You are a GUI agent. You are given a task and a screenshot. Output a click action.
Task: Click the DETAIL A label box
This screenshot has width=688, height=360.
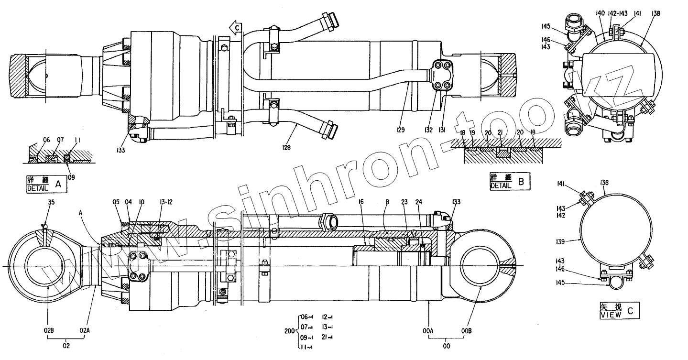pyautogui.click(x=46, y=184)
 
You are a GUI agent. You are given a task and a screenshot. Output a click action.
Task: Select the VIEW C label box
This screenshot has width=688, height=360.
pyautogui.click(x=619, y=311)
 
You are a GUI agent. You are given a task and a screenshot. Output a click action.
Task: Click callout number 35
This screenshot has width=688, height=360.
pyautogui.click(x=52, y=203)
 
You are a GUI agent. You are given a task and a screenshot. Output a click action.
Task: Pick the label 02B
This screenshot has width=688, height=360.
pyautogui.click(x=50, y=329)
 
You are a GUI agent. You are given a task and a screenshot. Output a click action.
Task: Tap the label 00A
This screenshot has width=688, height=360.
pyautogui.click(x=428, y=329)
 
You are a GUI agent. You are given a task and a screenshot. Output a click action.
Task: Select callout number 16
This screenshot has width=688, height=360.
pyautogui.click(x=361, y=203)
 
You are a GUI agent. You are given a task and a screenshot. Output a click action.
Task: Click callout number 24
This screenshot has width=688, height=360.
pyautogui.click(x=419, y=203)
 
